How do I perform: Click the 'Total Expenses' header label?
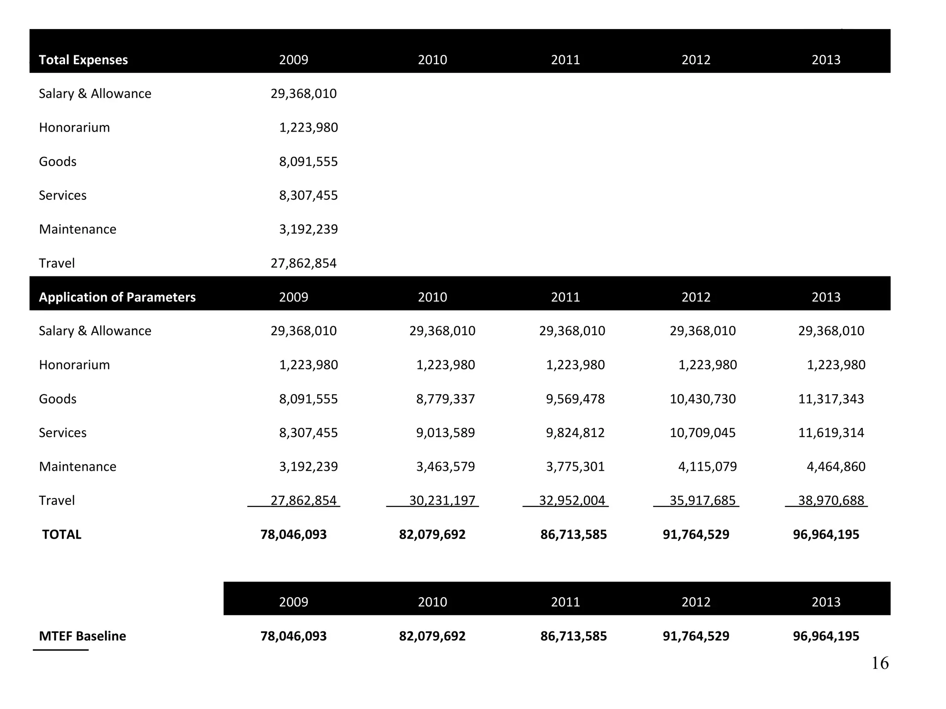point(83,60)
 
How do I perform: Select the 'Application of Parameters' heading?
point(117,297)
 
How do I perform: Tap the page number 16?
point(879,663)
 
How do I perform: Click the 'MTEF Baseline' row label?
point(82,636)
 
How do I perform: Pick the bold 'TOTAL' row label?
point(61,535)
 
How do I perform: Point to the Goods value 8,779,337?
point(445,399)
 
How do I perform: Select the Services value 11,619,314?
point(831,433)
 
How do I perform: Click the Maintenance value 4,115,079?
point(707,467)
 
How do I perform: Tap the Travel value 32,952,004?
point(572,500)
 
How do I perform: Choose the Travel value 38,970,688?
point(831,500)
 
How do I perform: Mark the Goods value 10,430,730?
point(703,399)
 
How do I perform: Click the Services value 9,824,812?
point(575,433)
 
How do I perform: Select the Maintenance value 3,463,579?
point(445,467)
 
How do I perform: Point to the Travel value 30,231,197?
point(442,500)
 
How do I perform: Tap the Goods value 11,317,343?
point(831,399)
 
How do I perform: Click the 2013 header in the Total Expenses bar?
point(826,60)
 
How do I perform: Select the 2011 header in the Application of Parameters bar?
point(565,297)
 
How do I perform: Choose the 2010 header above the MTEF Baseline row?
point(432,602)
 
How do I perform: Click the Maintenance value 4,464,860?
point(836,467)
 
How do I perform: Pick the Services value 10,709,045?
point(703,433)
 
